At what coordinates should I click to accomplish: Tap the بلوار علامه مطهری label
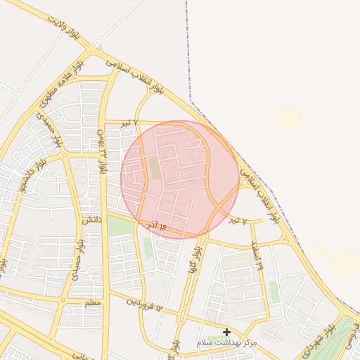[x=63, y=82]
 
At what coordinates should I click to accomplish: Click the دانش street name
[x=92, y=220]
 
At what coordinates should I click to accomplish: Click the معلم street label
[x=92, y=303]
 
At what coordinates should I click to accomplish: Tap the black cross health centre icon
[x=226, y=332]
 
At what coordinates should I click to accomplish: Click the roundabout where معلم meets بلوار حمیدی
[x=63, y=300]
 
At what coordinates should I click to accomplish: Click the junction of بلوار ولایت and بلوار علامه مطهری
[x=94, y=51]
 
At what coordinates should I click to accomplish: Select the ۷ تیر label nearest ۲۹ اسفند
[x=238, y=221]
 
